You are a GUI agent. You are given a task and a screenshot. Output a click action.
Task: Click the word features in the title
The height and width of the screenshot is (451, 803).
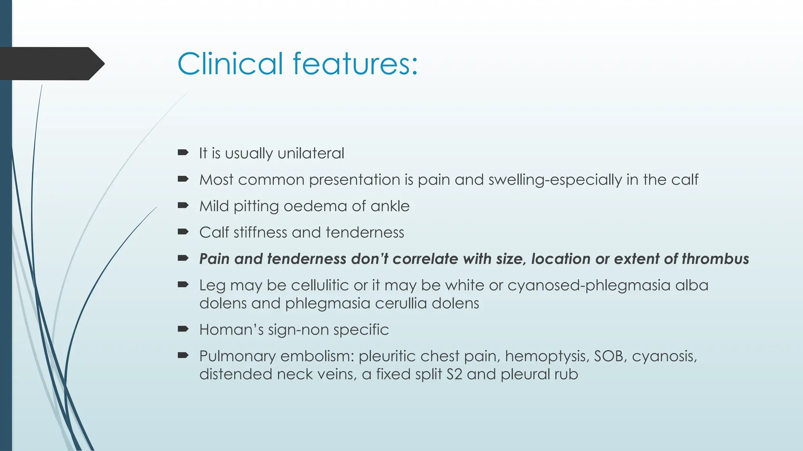pyautogui.click(x=355, y=63)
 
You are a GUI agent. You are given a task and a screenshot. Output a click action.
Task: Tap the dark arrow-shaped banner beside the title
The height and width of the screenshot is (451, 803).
pyautogui.click(x=51, y=63)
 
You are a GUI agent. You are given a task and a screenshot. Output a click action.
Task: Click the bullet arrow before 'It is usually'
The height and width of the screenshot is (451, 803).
pyautogui.click(x=183, y=153)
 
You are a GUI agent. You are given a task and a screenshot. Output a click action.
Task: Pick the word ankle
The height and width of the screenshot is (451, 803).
pyautogui.click(x=390, y=206)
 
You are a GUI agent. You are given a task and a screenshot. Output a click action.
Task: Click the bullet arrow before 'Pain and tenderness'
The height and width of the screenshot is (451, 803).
pyautogui.click(x=183, y=258)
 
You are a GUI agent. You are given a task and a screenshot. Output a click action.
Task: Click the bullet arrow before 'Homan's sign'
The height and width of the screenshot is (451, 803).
pyautogui.click(x=183, y=329)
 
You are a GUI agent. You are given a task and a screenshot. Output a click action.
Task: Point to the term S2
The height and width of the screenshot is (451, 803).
pyautogui.click(x=454, y=374)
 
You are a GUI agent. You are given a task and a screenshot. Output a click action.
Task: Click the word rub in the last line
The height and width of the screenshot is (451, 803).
pyautogui.click(x=566, y=374)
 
